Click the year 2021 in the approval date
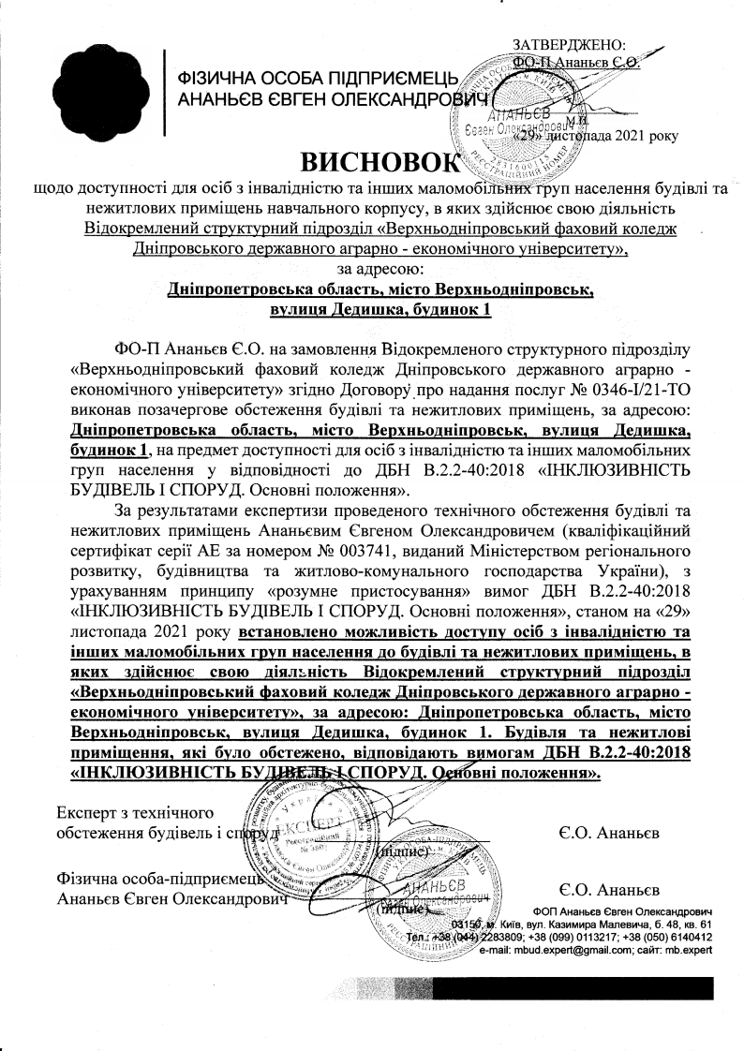[631, 136]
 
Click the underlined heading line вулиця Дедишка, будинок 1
[379, 309]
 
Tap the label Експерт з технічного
[135, 811]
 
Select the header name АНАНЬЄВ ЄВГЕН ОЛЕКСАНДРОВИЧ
[327, 98]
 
